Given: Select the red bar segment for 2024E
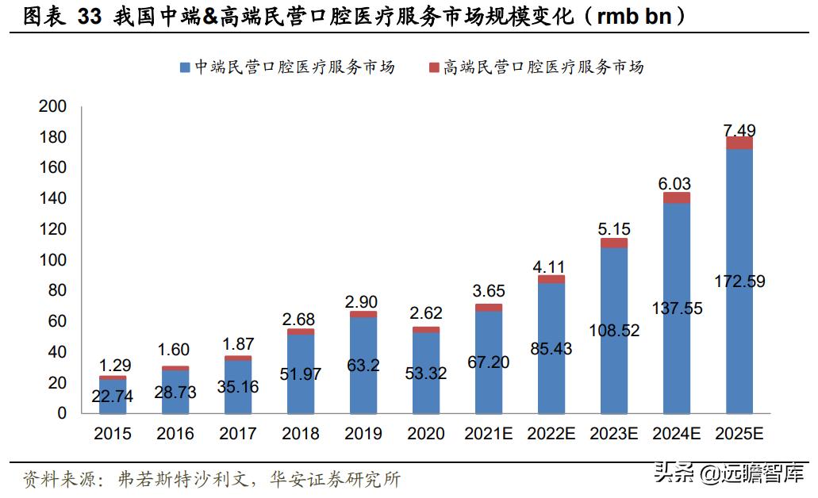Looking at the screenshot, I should (677, 198).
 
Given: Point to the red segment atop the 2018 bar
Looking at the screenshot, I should (301, 331).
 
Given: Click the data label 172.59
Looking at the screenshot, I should (739, 281).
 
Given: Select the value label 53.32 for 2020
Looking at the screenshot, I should (426, 373).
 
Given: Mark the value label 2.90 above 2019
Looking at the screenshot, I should (363, 301).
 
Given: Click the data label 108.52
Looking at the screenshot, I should (614, 329).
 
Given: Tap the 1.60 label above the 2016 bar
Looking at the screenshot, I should (175, 350).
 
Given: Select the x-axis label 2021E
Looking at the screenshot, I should (489, 434).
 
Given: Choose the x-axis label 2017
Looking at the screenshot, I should (238, 434).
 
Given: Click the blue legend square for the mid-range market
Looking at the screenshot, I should (185, 67).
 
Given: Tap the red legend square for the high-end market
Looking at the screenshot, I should (434, 67).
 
